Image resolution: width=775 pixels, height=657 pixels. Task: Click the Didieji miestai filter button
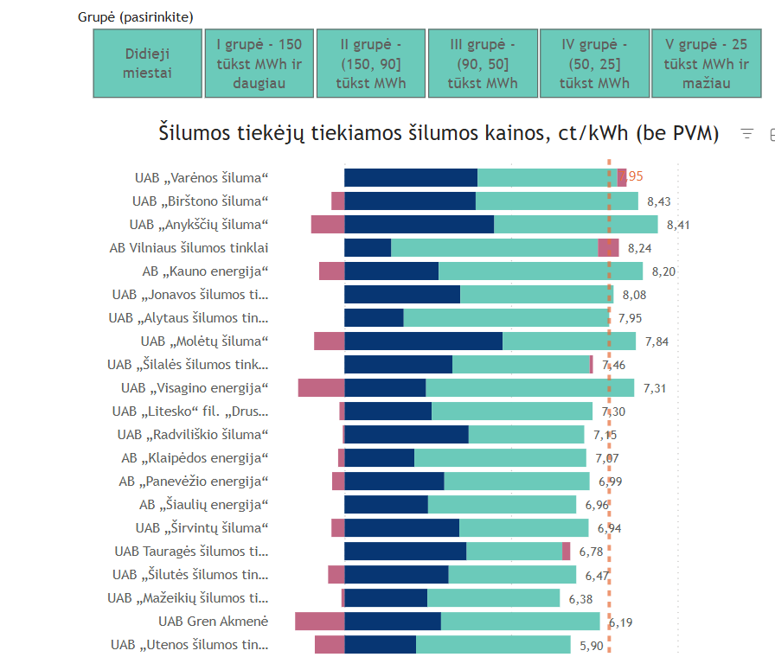point(148,63)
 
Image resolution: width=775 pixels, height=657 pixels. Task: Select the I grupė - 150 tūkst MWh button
point(259,63)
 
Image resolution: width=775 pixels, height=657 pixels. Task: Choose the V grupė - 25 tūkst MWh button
point(706,63)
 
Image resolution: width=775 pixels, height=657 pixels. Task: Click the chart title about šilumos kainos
point(439,133)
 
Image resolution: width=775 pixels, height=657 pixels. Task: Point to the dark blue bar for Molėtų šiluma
point(423,341)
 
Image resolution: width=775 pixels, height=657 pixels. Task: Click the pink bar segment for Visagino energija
point(321,388)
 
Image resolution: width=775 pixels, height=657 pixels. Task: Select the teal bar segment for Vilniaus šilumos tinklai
point(494,248)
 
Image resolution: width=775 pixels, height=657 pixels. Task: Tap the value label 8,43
point(658,201)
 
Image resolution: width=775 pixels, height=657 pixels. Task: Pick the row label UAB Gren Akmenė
point(213,622)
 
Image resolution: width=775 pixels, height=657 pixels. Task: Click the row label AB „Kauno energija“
point(205,271)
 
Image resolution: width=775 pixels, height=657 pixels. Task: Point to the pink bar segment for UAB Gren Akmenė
point(319,622)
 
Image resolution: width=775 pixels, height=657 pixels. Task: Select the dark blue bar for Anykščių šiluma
point(419,225)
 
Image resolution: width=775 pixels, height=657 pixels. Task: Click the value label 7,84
point(657,341)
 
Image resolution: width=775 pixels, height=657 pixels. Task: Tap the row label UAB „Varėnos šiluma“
point(202,178)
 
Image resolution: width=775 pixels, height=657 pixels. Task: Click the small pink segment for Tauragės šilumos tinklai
point(566,552)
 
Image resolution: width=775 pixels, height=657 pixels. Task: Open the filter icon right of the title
point(747,134)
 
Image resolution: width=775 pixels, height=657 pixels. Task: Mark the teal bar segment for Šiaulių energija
point(502,505)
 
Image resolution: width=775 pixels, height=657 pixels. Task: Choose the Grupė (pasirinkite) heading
point(135,16)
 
